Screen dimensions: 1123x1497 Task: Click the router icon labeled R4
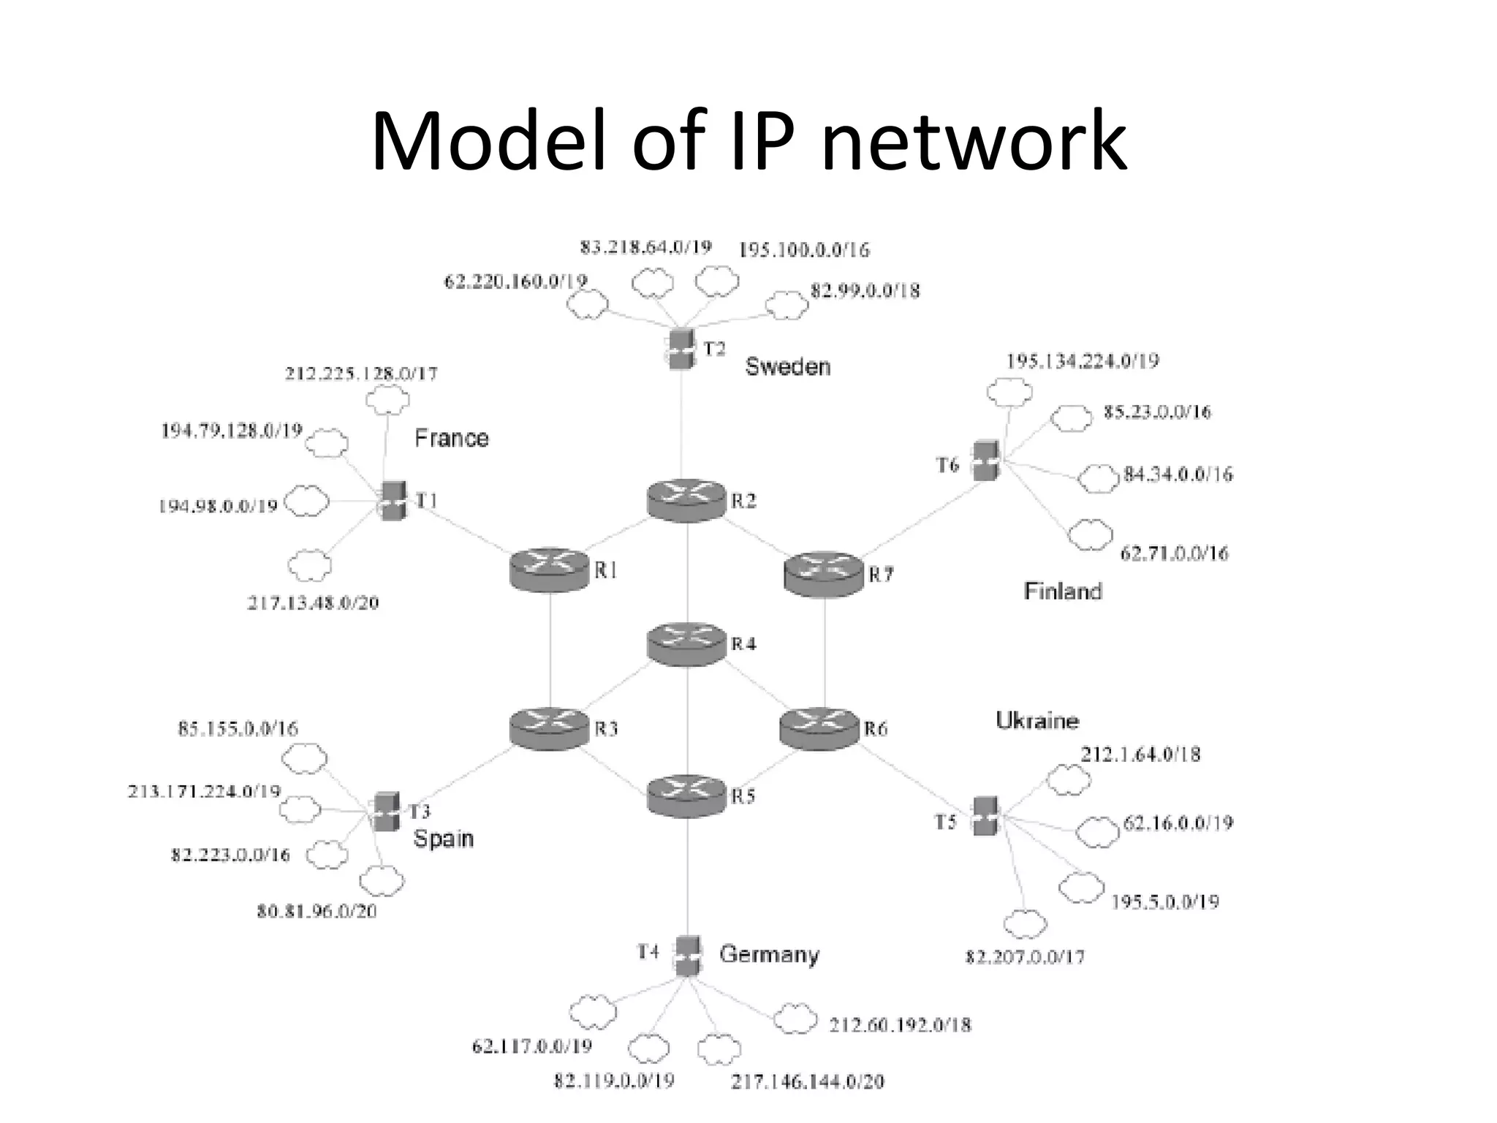(686, 644)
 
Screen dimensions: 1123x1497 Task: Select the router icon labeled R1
(549, 570)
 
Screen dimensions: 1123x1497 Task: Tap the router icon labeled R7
(823, 574)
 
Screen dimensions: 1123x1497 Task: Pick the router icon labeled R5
(686, 796)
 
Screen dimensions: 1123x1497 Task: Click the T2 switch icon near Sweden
(681, 349)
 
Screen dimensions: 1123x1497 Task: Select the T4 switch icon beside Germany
(687, 955)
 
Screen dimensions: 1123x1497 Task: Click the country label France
(451, 439)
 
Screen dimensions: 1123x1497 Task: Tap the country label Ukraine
(1036, 721)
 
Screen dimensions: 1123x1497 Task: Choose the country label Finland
(1062, 591)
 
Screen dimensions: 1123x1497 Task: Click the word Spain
(443, 838)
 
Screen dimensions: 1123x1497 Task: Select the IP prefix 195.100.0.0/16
(804, 251)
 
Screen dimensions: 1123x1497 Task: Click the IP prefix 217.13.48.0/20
(313, 603)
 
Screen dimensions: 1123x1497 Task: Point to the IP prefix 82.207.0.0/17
(1025, 956)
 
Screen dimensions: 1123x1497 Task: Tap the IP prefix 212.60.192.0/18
(900, 1025)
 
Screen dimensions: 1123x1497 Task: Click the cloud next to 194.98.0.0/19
(306, 502)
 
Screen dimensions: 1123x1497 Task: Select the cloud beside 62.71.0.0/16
(1090, 535)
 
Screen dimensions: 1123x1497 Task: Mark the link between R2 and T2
(682, 424)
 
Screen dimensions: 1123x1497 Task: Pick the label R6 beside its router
(875, 729)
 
